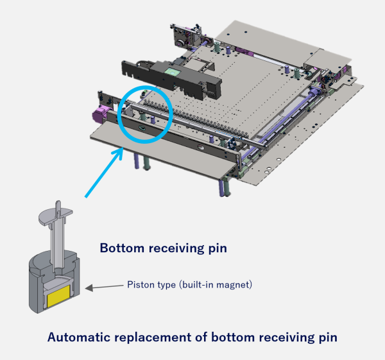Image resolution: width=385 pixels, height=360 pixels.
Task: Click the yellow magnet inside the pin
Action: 58,296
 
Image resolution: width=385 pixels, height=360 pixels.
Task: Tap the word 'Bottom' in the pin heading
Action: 122,248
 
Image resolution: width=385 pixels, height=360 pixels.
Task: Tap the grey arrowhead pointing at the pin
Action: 89,287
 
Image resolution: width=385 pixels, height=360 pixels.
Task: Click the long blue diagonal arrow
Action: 104,172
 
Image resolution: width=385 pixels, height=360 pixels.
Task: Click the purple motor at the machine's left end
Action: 99,114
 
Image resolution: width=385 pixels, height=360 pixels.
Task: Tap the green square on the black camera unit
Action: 173,73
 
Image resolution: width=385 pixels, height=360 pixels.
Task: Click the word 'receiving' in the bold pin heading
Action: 176,248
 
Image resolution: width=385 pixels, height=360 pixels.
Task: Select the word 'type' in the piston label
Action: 166,286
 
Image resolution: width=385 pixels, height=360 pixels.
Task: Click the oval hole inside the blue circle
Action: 142,128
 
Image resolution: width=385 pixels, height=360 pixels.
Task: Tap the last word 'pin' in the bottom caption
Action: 328,338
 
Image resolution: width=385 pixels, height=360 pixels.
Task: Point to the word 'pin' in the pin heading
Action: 218,249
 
